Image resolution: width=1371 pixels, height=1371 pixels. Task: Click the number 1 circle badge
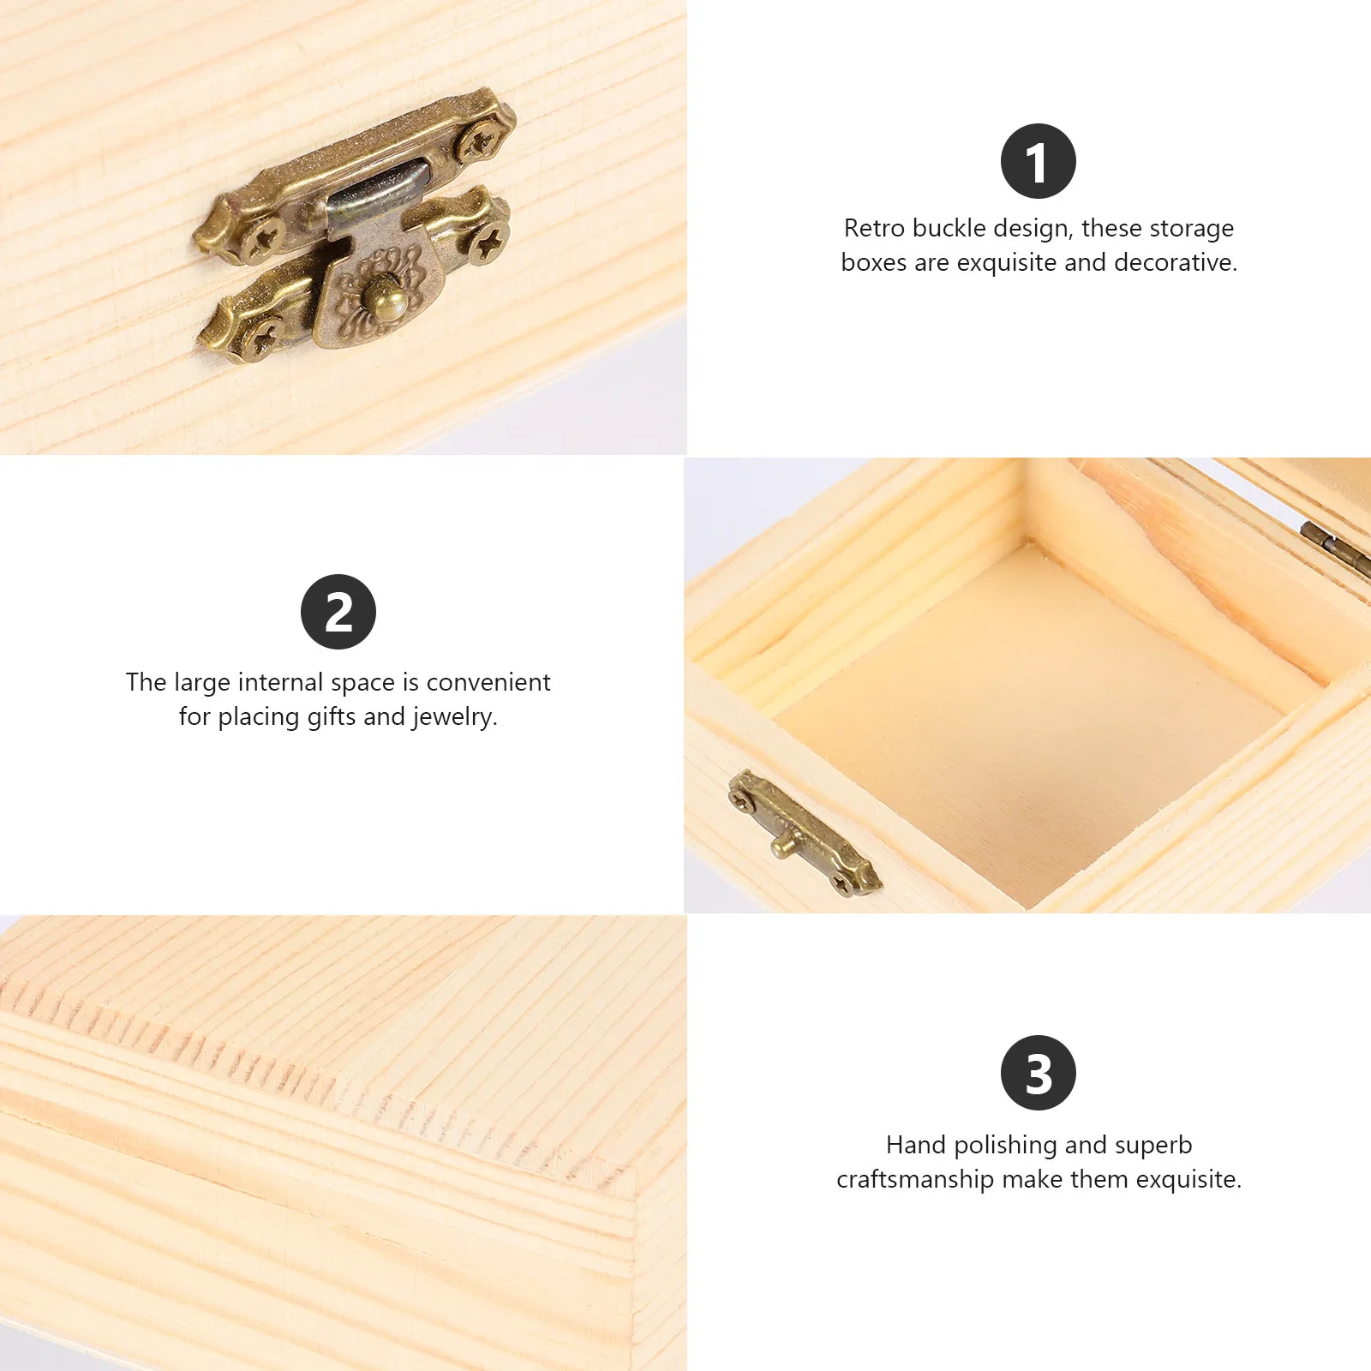coord(1038,161)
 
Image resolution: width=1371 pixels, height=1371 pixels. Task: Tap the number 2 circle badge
coord(338,612)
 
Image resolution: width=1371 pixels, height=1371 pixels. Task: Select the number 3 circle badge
coord(1038,1073)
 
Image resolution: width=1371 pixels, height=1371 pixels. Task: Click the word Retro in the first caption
coord(874,228)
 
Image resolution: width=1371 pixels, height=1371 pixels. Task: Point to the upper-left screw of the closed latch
coord(261,231)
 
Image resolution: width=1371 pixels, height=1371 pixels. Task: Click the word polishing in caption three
coord(1006,1146)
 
